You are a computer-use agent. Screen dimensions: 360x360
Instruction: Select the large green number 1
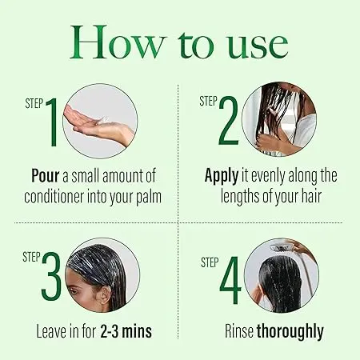[52, 122]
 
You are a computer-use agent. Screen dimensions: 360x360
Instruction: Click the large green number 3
[51, 276]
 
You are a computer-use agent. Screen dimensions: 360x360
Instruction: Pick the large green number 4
[230, 280]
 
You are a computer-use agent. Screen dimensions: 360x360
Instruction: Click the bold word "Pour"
[46, 176]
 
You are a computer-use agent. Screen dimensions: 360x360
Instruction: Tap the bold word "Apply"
[222, 177]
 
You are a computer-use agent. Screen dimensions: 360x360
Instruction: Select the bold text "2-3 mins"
[126, 331]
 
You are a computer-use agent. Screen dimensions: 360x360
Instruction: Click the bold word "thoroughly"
[290, 332]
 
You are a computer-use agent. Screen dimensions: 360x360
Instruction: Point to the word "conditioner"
[54, 197]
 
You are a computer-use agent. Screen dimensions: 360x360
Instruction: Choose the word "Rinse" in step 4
[239, 331]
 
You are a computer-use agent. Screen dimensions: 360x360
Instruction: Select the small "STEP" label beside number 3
[31, 258]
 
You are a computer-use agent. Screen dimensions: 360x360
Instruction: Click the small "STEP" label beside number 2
[208, 102]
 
